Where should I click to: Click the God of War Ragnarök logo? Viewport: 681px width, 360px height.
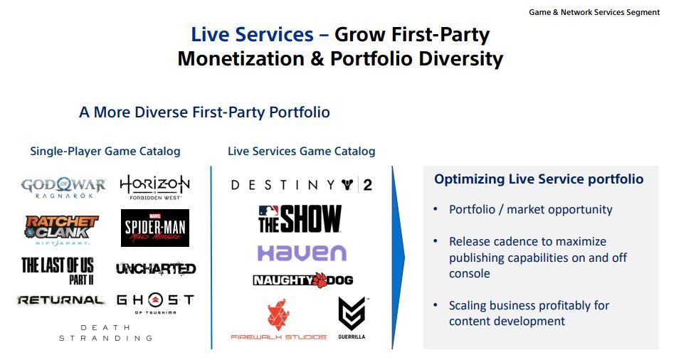pyautogui.click(x=63, y=188)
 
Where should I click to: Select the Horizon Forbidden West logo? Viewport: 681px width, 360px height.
pyautogui.click(x=155, y=187)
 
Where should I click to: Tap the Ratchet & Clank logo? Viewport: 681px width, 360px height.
pyautogui.click(x=61, y=230)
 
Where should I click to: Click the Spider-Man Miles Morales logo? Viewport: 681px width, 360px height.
pyautogui.click(x=155, y=228)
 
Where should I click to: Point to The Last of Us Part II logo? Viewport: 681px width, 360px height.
pyautogui.click(x=58, y=270)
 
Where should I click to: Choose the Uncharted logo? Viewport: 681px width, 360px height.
pyautogui.click(x=156, y=269)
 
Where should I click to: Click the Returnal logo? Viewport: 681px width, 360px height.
pyautogui.click(x=60, y=300)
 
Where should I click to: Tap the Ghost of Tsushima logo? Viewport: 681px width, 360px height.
pyautogui.click(x=155, y=302)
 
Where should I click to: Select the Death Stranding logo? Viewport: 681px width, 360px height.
pyautogui.click(x=105, y=333)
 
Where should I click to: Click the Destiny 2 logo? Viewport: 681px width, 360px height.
pyautogui.click(x=302, y=186)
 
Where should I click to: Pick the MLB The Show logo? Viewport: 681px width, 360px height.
pyautogui.click(x=300, y=219)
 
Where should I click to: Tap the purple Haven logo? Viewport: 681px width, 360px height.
pyautogui.click(x=302, y=253)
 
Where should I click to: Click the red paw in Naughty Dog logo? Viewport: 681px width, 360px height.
pyautogui.click(x=320, y=280)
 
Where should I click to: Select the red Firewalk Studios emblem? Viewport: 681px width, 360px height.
pyautogui.click(x=278, y=315)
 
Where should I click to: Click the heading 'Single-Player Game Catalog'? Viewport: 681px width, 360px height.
pyautogui.click(x=105, y=151)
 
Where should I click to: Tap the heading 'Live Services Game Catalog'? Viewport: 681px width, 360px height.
pyautogui.click(x=302, y=151)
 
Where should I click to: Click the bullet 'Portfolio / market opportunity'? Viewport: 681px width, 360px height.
pyautogui.click(x=531, y=209)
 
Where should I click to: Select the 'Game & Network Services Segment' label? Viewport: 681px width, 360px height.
pyautogui.click(x=594, y=12)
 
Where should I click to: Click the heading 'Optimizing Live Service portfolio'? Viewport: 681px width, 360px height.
pyautogui.click(x=539, y=179)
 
